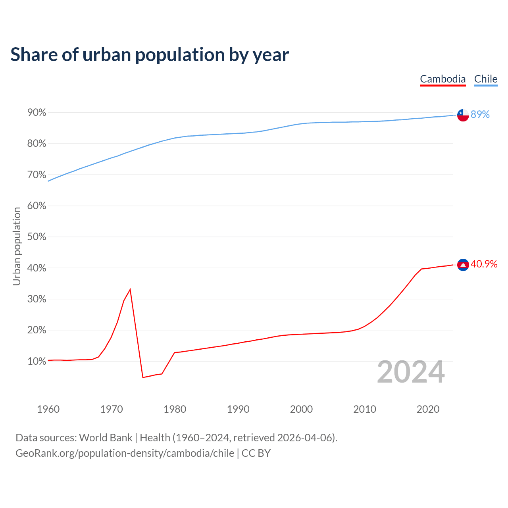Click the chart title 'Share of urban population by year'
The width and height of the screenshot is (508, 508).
(150, 55)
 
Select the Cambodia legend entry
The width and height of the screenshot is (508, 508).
(443, 79)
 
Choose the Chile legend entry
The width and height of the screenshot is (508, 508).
(485, 79)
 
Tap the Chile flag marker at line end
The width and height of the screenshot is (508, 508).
(463, 115)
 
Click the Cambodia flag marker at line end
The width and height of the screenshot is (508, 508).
(463, 265)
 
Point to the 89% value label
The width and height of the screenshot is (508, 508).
(480, 115)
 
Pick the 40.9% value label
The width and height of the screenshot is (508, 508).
(484, 264)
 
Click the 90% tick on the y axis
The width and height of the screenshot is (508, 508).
(37, 113)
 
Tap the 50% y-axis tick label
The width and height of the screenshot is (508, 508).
(37, 237)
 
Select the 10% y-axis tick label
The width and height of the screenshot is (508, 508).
(37, 362)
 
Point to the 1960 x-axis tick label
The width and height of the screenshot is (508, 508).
(48, 409)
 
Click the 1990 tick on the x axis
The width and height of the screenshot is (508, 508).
(238, 409)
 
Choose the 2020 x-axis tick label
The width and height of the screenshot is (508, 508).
(428, 409)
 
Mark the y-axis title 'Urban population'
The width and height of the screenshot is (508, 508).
(17, 246)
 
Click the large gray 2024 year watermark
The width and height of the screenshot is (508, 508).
(411, 372)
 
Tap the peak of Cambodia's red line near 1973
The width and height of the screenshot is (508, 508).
(130, 289)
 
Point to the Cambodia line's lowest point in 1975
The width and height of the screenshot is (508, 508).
(143, 377)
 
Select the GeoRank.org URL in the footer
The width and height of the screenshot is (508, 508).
(125, 453)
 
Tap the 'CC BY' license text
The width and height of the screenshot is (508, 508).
(256, 453)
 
